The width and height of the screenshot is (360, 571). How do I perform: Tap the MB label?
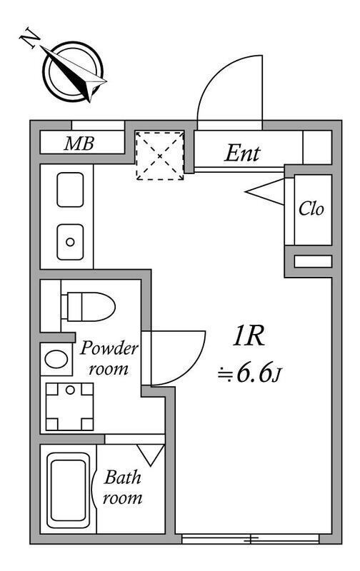tap(79, 143)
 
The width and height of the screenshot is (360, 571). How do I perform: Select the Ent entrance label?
tap(242, 153)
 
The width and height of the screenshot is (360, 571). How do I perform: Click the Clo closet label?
tap(311, 209)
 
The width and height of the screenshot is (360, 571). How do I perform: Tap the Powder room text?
tap(109, 359)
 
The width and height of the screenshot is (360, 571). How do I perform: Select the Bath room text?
tap(122, 487)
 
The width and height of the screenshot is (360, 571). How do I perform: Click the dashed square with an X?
tap(160, 156)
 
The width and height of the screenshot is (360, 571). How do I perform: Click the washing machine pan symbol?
tap(69, 406)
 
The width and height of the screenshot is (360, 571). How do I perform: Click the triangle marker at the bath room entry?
tap(151, 453)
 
